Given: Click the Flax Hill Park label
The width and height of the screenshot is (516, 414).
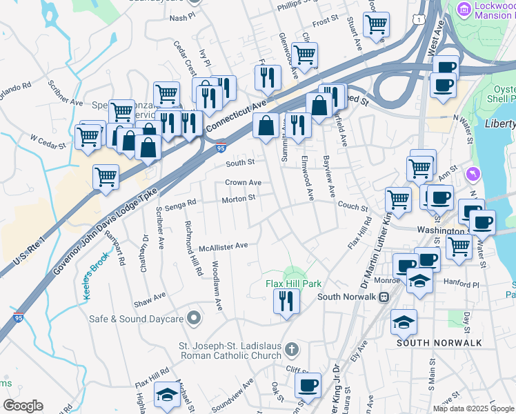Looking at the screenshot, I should click(x=295, y=284).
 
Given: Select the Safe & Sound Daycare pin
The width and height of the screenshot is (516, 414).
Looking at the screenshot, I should click(x=194, y=318).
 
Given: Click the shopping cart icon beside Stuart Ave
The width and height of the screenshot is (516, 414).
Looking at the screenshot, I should click(x=376, y=24).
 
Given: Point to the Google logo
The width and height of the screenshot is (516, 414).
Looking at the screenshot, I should click(x=23, y=406).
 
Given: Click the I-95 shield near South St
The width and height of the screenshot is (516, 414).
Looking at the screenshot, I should click(x=220, y=147).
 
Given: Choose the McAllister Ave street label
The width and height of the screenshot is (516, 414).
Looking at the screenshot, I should click(x=223, y=246).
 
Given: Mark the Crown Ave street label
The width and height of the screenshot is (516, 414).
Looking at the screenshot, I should click(x=243, y=183).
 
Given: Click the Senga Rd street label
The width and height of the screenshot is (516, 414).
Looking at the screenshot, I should click(x=181, y=202).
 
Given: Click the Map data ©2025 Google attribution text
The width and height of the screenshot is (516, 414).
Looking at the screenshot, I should click(x=473, y=408).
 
